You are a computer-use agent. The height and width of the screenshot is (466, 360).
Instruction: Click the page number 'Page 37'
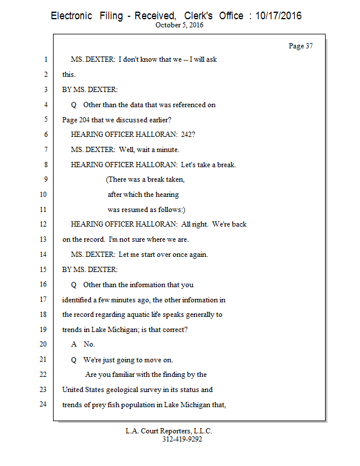(x=301, y=46)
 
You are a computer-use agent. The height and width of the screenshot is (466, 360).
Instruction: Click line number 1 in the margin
(x=45, y=60)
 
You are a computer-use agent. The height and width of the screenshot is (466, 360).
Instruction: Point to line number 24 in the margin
(x=43, y=404)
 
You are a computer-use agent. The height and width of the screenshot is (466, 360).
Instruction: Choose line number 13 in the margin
(x=43, y=239)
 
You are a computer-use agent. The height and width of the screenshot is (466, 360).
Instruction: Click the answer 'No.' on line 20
(x=89, y=344)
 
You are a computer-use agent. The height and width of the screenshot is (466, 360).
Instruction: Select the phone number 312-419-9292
(x=182, y=439)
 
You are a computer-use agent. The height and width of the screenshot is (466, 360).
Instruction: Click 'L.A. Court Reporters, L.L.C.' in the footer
(x=169, y=431)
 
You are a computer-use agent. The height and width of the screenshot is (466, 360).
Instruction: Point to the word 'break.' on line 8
(x=225, y=165)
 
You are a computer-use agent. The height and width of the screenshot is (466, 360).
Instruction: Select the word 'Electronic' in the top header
(x=71, y=16)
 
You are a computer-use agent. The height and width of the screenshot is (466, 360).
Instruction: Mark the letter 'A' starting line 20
(x=74, y=344)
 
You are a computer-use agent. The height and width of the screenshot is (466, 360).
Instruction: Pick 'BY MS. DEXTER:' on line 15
(x=90, y=270)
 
